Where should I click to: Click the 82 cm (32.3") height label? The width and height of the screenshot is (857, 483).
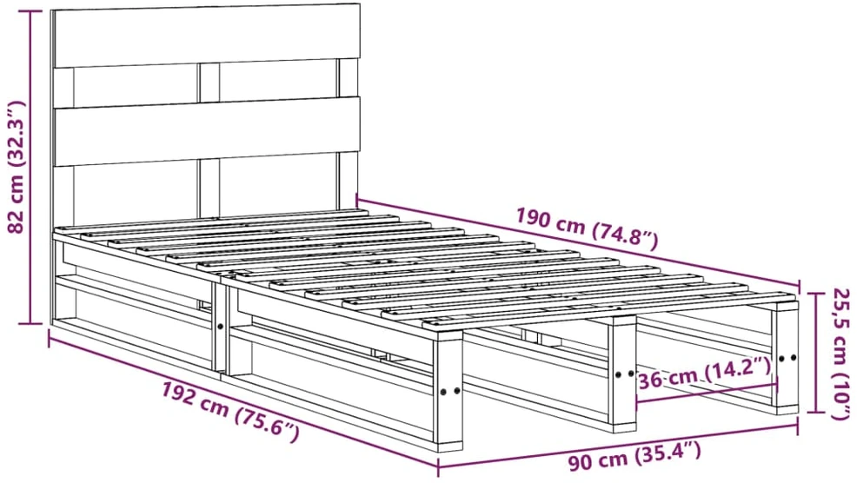[17, 167]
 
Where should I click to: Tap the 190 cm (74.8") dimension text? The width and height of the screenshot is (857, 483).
[587, 228]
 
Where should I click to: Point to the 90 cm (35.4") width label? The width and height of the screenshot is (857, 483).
[634, 457]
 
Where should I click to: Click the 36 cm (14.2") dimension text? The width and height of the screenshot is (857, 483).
[704, 376]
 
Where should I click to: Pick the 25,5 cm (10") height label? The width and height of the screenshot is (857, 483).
[841, 354]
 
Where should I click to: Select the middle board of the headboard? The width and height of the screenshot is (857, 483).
[207, 132]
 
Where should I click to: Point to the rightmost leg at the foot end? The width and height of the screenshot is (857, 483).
[787, 357]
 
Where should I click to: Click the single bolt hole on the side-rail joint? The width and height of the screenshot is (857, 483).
[220, 326]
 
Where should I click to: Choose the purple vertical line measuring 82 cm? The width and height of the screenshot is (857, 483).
[31, 167]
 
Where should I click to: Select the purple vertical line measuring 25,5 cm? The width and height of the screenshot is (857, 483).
[816, 353]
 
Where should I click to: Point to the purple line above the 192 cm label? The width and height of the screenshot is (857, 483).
[243, 401]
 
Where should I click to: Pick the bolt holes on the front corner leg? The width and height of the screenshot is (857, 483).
[450, 391]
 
